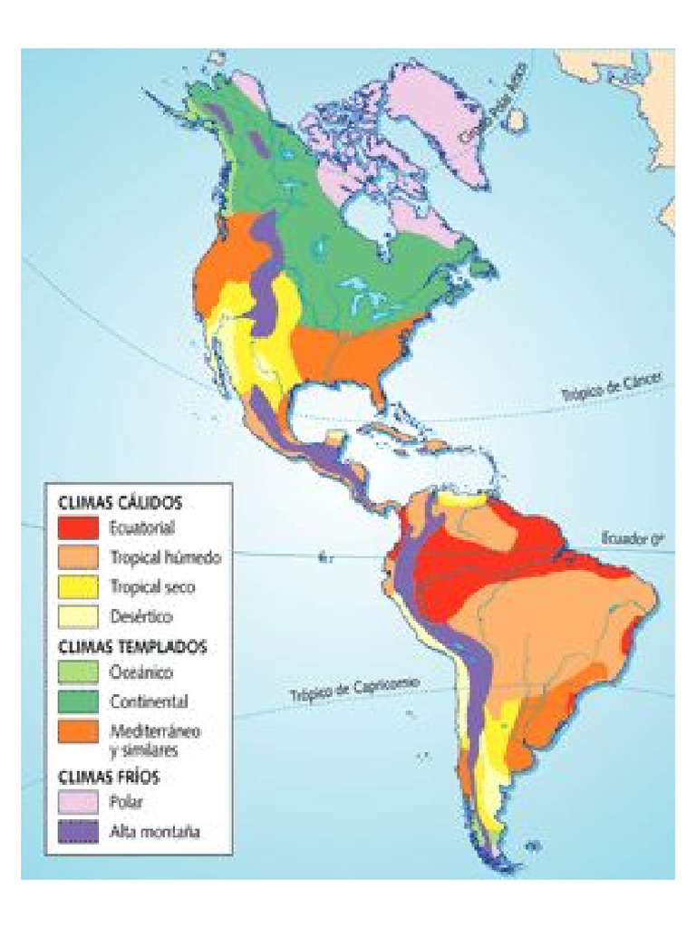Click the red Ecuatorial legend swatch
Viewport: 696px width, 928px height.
coord(78,527)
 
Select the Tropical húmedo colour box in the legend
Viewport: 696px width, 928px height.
coord(78,556)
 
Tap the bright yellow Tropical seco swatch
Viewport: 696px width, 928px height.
coord(78,586)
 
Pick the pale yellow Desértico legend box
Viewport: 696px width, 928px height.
coord(78,616)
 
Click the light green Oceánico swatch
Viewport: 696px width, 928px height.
coord(78,673)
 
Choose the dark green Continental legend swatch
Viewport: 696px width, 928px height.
coord(78,701)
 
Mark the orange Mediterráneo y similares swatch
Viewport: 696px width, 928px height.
coord(78,732)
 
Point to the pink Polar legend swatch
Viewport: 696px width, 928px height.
coord(78,802)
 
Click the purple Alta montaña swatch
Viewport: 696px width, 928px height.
coord(78,831)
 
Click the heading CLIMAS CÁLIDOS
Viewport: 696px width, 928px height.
coord(121,501)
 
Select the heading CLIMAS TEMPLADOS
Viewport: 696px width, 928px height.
coord(132,647)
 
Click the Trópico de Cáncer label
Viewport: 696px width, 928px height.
coord(614,388)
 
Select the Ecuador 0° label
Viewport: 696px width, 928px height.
coord(625,539)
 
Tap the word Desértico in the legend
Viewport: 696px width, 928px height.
coord(140,616)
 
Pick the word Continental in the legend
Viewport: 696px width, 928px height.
coord(149,701)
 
